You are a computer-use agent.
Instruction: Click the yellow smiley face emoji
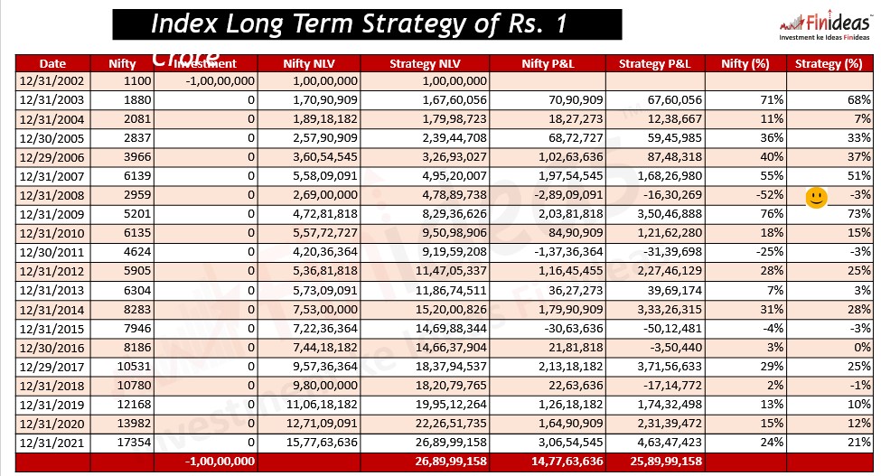(816, 198)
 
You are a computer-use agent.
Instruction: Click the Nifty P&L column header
(555, 64)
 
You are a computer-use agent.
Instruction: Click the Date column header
(53, 64)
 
